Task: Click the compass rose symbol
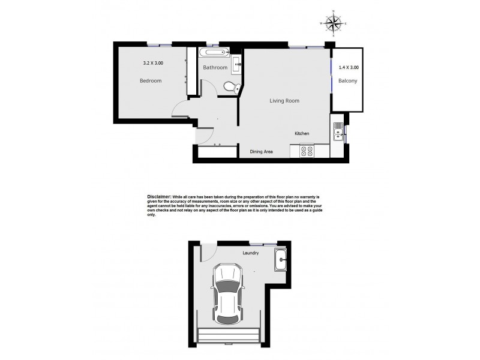[334, 22]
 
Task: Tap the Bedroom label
[151, 81]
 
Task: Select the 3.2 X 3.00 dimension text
[153, 62]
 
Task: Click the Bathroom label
[215, 68]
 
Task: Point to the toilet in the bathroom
[230, 87]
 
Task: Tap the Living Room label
[284, 101]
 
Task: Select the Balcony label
[347, 81]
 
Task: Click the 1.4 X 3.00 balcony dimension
[349, 68]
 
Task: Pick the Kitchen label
[301, 133]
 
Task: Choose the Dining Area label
[262, 152]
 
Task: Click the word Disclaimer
[159, 196]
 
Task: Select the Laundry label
[251, 253]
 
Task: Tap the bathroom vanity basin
[236, 61]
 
